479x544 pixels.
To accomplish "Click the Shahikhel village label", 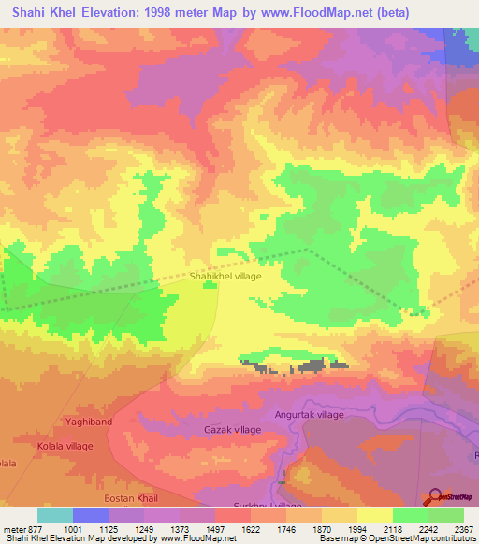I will click(x=225, y=277).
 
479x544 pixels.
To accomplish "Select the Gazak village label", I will click(x=232, y=430).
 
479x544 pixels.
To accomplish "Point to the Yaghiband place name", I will click(x=89, y=422).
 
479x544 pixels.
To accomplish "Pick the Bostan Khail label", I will click(x=131, y=496).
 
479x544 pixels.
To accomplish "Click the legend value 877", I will click(x=36, y=530).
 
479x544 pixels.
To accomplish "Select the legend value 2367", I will click(x=453, y=530).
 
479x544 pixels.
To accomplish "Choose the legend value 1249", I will click(x=144, y=530).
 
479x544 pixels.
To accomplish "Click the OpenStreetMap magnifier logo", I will click(x=434, y=495).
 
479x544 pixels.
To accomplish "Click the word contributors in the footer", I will click(x=453, y=539).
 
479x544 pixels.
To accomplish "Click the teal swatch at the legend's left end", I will click(x=54, y=516).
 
